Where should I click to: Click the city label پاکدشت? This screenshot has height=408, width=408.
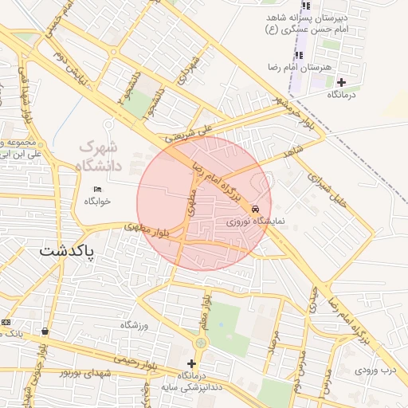point(67,251)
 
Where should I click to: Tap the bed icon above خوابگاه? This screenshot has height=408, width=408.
point(98,189)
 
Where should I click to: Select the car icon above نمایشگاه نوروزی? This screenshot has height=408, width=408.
point(254,207)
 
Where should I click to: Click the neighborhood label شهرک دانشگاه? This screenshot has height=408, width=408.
point(97,157)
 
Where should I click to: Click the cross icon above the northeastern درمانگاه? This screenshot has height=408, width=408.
point(342,82)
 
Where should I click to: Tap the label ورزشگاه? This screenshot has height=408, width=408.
point(135,324)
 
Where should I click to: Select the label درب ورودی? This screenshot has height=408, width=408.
point(375,371)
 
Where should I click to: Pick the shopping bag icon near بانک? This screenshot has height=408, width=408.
point(44,331)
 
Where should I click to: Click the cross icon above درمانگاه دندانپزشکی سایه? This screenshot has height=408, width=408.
point(191,363)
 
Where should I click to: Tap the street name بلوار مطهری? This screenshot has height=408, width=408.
point(146,231)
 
